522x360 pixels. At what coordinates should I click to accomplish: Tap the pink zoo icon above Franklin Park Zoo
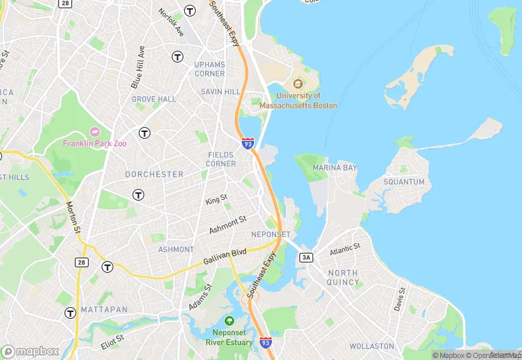(x=95, y=132)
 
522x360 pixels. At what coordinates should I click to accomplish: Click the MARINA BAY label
(x=334, y=168)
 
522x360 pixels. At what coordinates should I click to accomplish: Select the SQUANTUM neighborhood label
(x=404, y=182)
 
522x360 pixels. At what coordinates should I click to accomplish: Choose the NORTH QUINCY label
(x=343, y=278)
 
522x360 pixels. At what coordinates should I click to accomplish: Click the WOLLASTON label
(x=372, y=346)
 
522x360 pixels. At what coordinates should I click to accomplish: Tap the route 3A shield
(x=306, y=257)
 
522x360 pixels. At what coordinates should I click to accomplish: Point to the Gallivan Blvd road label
(x=225, y=258)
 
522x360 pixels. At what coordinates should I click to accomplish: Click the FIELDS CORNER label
(x=221, y=159)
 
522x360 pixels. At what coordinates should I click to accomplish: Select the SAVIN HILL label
(x=220, y=91)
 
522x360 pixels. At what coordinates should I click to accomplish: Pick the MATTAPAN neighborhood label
(x=104, y=310)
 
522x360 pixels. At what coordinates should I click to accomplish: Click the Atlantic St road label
(x=345, y=249)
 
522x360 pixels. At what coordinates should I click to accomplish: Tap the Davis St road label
(x=400, y=298)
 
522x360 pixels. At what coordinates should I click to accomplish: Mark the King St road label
(x=216, y=199)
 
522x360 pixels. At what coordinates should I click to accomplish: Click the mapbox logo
(x=30, y=351)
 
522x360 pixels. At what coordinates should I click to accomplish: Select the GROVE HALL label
(x=154, y=99)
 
